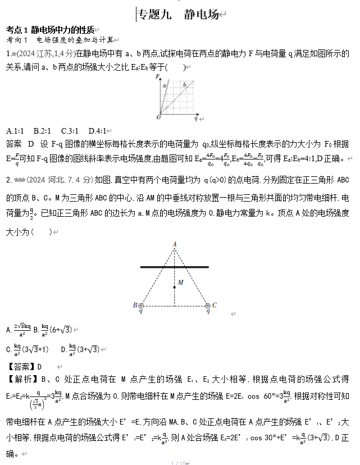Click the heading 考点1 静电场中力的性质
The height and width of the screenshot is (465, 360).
(50, 30)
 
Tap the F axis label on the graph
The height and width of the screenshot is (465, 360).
(159, 76)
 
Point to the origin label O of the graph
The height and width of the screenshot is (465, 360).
(158, 118)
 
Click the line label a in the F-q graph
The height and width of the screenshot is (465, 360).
(165, 86)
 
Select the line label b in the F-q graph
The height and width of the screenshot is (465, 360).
(184, 85)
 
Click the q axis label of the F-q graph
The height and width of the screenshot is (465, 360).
(195, 119)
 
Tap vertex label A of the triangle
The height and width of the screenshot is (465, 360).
(174, 244)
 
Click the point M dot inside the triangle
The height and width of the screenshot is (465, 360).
(174, 287)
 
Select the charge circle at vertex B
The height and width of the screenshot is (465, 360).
(140, 306)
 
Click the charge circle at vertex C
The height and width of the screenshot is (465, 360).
(208, 306)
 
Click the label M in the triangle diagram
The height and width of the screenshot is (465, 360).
(180, 282)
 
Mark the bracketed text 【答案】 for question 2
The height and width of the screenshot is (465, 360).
(20, 367)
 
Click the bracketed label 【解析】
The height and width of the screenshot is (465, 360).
(20, 379)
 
